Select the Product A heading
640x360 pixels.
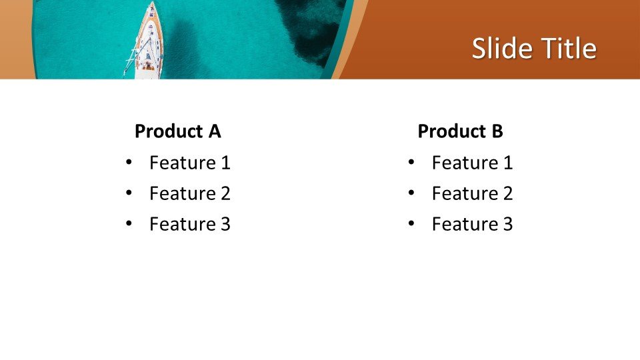[x=177, y=131]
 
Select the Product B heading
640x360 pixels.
[x=460, y=131]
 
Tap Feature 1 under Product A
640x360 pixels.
[x=189, y=163]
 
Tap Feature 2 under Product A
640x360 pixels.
[x=189, y=193]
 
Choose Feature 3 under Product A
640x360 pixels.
[x=189, y=224]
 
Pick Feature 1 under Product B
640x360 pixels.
[x=472, y=163]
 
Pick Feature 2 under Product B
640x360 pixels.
[x=472, y=193]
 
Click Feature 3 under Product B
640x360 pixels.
[x=472, y=224]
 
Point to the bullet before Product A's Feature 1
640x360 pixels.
[x=129, y=163]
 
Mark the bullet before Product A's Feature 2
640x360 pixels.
[x=129, y=193]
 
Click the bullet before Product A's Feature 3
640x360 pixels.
[x=129, y=224]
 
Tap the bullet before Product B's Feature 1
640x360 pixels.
[x=411, y=163]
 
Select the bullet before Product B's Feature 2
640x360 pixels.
[x=411, y=193]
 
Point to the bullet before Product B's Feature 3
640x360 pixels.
[x=411, y=224]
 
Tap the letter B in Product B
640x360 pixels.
[x=497, y=131]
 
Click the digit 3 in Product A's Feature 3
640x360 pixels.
[x=225, y=224]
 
